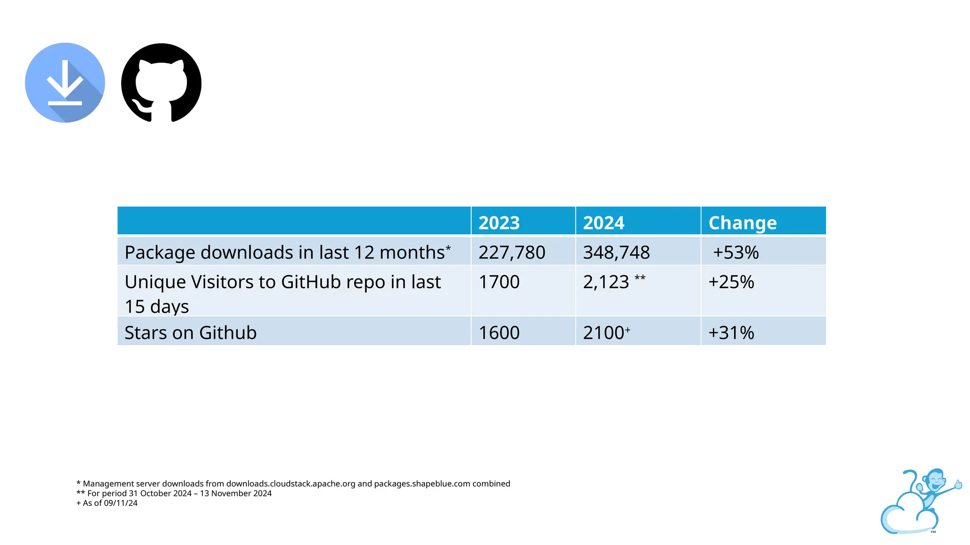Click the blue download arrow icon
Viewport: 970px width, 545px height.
click(65, 83)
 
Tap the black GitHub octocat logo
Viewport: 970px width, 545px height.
click(161, 83)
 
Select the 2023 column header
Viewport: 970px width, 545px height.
click(499, 223)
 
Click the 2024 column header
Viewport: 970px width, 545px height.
click(603, 223)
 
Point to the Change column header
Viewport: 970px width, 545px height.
click(742, 223)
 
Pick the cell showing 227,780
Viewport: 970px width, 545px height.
click(512, 253)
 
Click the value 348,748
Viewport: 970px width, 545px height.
click(616, 253)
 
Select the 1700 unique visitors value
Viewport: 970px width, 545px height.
click(499, 282)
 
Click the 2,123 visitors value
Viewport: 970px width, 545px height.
click(606, 282)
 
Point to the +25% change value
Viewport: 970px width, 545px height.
click(731, 282)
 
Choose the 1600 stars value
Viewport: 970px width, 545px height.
click(499, 333)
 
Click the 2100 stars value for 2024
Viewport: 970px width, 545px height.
click(603, 333)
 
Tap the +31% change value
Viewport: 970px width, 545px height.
click(731, 333)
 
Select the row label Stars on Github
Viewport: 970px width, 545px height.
click(190, 333)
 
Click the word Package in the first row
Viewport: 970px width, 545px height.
click(160, 253)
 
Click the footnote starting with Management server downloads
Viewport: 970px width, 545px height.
click(294, 483)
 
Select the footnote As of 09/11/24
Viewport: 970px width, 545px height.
click(107, 503)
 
